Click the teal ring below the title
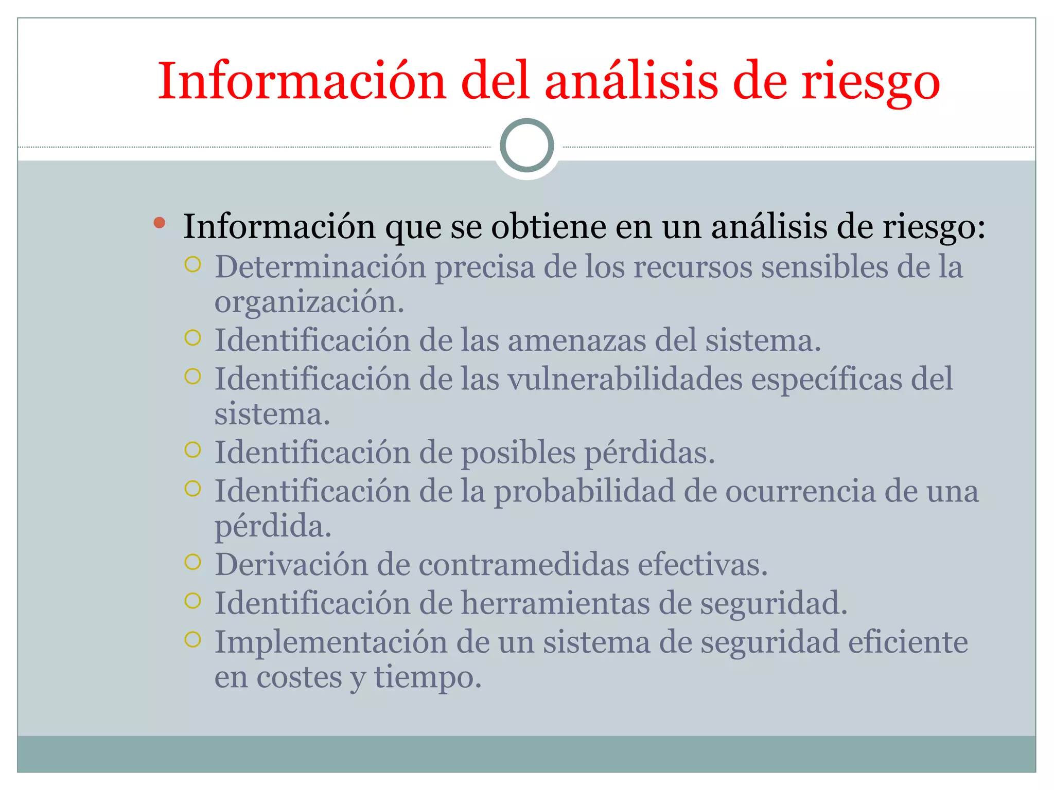[527, 146]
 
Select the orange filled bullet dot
[160, 223]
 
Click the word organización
[309, 302]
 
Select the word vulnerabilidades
[625, 380]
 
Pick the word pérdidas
[649, 453]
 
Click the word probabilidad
[584, 492]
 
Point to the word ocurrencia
[800, 492]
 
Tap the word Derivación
[291, 565]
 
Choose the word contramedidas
[524, 565]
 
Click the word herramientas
[555, 603]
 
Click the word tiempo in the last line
[427, 678]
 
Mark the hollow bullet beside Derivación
[192, 562]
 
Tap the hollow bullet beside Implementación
[192, 639]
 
